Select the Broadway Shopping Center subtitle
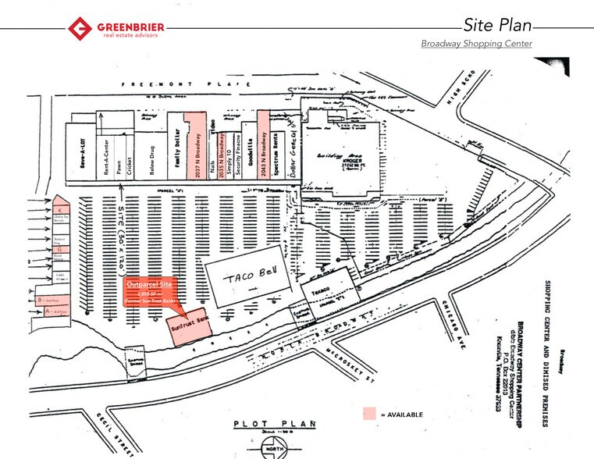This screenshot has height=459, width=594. (476, 44)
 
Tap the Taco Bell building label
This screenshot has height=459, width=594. (246, 277)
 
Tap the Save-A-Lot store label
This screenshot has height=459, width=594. (80, 152)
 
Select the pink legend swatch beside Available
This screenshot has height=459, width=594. (369, 414)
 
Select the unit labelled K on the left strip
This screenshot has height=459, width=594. (59, 211)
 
